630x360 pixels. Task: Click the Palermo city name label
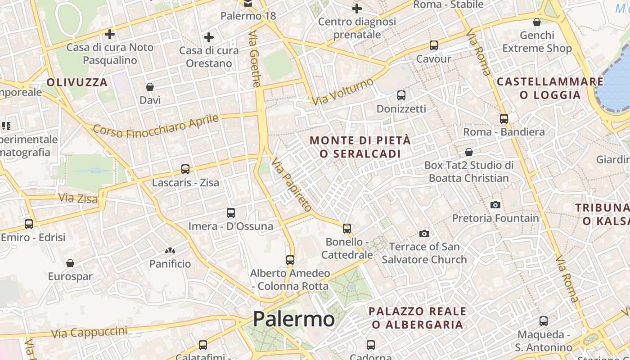tap(293, 319)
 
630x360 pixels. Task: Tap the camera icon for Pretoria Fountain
tap(495, 205)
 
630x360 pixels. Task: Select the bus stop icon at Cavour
tap(434, 45)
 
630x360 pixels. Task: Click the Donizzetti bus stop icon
tap(401, 95)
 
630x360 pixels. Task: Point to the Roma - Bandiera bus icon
tap(504, 119)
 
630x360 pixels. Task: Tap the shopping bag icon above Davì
tap(150, 87)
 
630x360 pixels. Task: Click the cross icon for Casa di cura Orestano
tap(209, 37)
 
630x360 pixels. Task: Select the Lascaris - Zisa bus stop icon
tap(185, 169)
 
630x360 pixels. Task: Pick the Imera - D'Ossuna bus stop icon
tap(231, 212)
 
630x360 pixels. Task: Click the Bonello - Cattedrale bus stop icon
tap(347, 229)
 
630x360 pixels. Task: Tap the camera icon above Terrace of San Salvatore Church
tap(424, 234)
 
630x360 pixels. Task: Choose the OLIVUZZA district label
tap(77, 82)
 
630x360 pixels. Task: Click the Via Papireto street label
tap(292, 185)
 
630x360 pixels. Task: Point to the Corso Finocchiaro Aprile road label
tap(156, 126)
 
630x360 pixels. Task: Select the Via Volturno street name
tap(344, 92)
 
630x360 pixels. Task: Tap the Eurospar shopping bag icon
tap(70, 263)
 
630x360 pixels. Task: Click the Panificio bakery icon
tap(170, 251)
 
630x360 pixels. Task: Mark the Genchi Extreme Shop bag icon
tap(537, 22)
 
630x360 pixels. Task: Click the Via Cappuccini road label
tap(89, 333)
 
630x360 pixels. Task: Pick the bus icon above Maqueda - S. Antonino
tap(544, 321)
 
